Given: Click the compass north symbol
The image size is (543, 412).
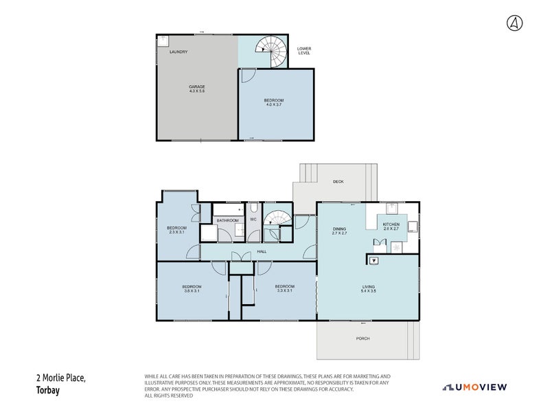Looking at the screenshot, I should click(x=514, y=23).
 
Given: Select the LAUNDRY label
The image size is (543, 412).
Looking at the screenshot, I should click(x=178, y=52).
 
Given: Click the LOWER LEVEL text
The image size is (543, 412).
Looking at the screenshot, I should click(x=304, y=51).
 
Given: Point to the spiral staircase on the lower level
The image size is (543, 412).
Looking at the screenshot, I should click(x=269, y=50).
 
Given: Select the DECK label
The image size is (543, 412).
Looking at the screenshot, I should click(x=338, y=182).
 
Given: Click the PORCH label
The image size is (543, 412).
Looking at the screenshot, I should click(x=362, y=339).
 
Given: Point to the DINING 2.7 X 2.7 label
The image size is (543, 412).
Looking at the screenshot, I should click(x=339, y=231).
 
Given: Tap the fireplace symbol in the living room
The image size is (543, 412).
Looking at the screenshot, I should click(x=373, y=260).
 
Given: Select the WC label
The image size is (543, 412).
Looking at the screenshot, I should click(x=253, y=220).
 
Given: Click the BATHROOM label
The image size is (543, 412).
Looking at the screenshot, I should click(x=227, y=220).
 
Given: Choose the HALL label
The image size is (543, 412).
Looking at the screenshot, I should click(x=262, y=252).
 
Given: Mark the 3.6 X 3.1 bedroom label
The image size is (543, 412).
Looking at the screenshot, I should click(x=192, y=288).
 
